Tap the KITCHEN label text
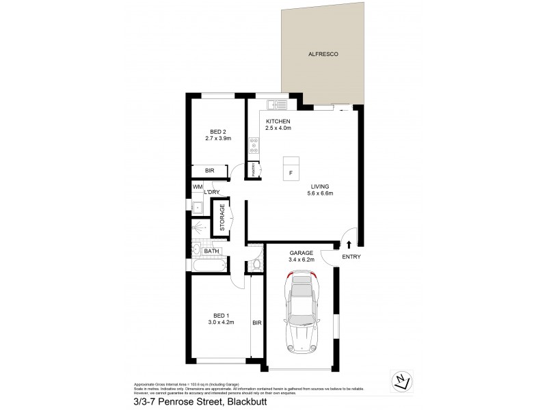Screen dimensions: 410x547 click(x=278, y=121)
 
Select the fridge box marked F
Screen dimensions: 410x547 click(x=291, y=171)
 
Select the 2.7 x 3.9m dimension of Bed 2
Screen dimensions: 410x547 click(x=219, y=138)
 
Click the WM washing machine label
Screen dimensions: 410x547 click(x=197, y=187)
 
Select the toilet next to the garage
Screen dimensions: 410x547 click(x=256, y=264)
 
